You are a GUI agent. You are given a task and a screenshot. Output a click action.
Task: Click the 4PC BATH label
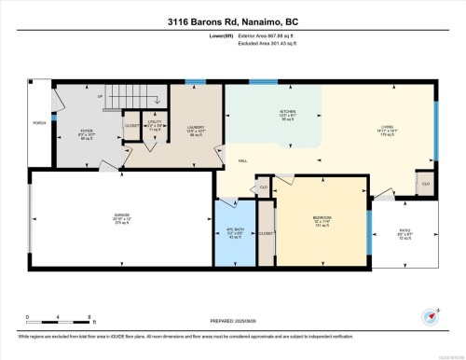click(x=235, y=230)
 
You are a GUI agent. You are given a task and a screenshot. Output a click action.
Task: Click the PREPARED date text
click(x=232, y=323)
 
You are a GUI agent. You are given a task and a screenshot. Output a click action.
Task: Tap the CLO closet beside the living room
click(x=425, y=183)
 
